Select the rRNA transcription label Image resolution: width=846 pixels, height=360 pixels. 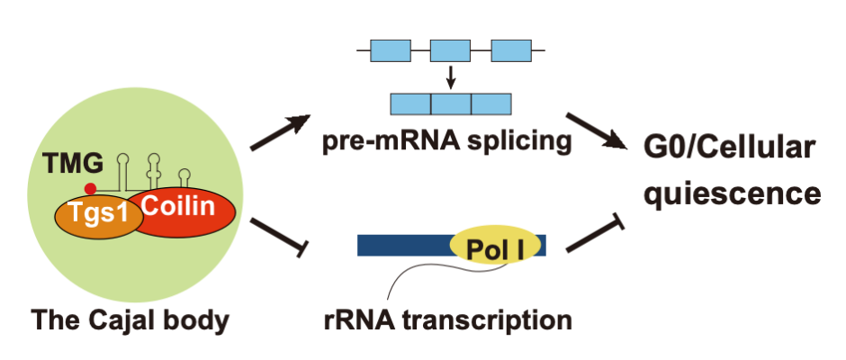(448, 319)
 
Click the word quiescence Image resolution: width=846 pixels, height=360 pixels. (731, 193)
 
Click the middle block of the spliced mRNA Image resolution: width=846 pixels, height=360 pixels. (451, 103)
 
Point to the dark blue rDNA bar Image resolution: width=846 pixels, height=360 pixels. (405, 245)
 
